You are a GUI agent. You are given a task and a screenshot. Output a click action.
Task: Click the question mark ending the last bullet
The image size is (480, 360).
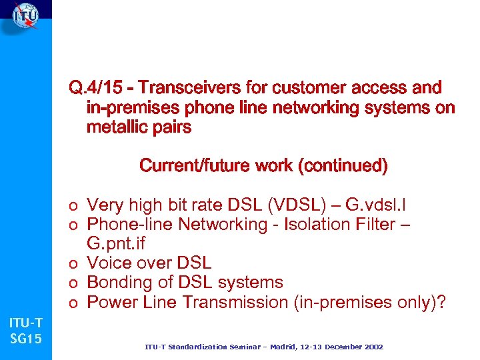[441, 302]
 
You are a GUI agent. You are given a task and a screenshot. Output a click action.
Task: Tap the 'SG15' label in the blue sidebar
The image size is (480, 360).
[25, 339]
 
